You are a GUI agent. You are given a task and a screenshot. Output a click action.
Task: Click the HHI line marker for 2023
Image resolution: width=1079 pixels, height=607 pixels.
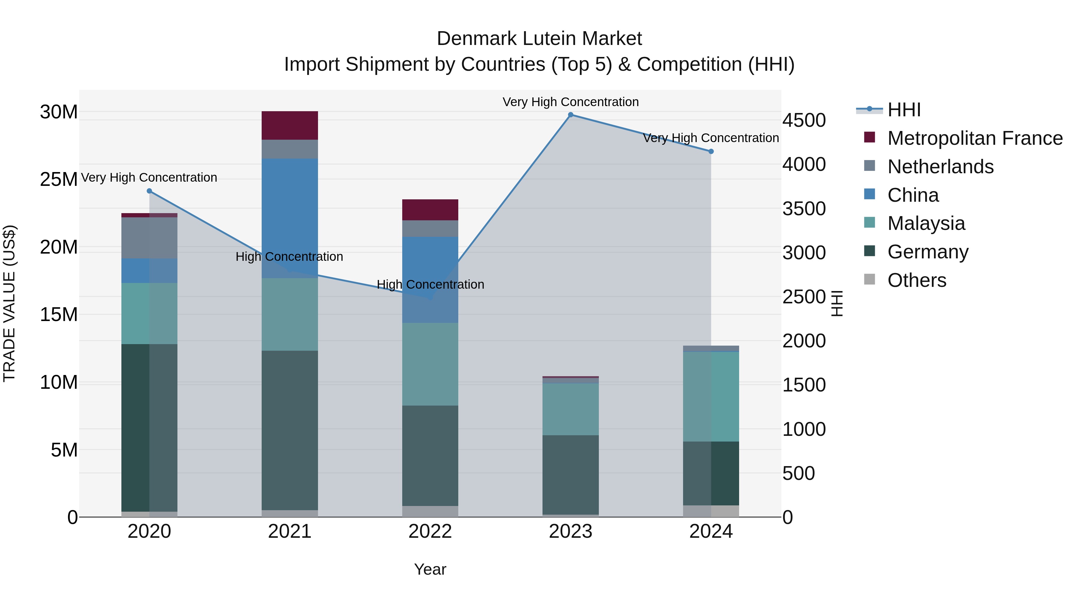click(x=570, y=115)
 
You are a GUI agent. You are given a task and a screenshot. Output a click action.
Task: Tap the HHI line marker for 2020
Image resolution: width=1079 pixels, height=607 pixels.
click(x=150, y=191)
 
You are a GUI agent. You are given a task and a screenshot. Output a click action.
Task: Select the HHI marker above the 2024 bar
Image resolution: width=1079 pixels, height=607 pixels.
click(x=711, y=151)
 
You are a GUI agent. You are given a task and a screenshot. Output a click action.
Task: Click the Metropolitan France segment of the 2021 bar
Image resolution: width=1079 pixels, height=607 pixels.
click(x=290, y=125)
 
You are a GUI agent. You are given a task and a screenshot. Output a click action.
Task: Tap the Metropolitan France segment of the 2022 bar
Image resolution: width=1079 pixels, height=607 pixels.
click(x=430, y=210)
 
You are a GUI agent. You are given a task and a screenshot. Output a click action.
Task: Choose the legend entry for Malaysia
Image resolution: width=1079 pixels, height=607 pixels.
click(x=926, y=223)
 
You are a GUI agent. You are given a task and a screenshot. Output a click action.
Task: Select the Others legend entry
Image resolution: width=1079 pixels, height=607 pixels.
click(x=917, y=280)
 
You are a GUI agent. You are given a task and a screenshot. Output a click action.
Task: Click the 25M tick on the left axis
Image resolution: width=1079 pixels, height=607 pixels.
click(x=59, y=179)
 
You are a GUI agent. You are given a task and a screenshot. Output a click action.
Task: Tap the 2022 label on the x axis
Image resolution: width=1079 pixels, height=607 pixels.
click(x=430, y=531)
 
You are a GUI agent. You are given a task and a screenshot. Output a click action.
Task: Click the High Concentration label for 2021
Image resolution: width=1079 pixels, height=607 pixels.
click(x=290, y=256)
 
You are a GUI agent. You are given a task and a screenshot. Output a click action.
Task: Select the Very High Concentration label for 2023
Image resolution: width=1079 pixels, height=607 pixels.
click(x=570, y=102)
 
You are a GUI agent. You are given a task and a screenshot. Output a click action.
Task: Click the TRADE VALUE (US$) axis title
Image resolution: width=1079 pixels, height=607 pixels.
click(x=9, y=303)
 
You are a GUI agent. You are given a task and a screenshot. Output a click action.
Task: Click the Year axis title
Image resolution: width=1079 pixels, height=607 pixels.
click(x=430, y=569)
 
